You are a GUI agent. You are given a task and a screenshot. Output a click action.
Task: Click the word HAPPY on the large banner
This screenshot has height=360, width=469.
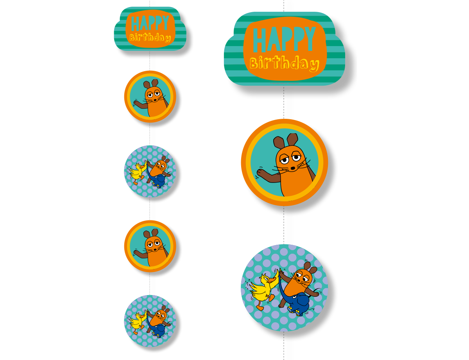[284, 39]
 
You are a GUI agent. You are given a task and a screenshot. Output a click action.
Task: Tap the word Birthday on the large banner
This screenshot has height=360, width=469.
[284, 63]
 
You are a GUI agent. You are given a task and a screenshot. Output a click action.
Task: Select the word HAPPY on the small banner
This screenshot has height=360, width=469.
[150, 23]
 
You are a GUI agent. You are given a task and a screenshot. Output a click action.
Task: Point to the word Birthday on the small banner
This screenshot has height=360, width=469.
[150, 38]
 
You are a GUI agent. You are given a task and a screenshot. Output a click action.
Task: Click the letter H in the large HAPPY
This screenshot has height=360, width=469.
[260, 39]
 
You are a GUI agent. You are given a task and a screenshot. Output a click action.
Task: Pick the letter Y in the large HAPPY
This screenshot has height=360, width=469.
[310, 39]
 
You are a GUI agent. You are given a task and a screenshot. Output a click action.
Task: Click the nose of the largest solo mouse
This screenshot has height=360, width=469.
[293, 168]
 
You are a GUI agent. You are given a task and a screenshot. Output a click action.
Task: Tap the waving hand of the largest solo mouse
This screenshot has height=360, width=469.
[261, 172]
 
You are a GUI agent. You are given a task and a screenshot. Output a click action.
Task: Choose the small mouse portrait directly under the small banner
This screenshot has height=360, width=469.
[150, 97]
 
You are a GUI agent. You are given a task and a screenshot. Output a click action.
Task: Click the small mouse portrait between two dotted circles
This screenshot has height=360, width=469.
[150, 246]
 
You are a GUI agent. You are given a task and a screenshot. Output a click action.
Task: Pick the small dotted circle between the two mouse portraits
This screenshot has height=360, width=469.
[150, 171]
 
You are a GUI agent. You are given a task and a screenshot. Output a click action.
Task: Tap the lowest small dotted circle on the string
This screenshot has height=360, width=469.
[150, 321]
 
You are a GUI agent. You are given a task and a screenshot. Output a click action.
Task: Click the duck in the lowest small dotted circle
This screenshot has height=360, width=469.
[137, 322]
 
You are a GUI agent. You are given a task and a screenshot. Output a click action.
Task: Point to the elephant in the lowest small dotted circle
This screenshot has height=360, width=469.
[158, 330]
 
